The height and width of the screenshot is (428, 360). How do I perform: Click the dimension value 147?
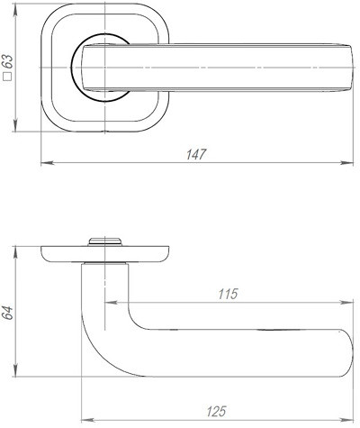(x=195, y=154)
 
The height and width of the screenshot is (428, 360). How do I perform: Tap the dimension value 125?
(x=215, y=412)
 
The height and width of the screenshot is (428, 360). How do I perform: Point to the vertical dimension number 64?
(x=8, y=313)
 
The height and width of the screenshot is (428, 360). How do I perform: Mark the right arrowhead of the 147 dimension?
(x=352, y=163)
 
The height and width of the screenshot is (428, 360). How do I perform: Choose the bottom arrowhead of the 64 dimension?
(x=17, y=379)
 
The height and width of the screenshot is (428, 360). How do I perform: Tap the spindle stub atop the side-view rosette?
(x=105, y=240)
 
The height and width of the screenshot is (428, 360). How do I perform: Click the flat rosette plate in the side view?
(x=105, y=252)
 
